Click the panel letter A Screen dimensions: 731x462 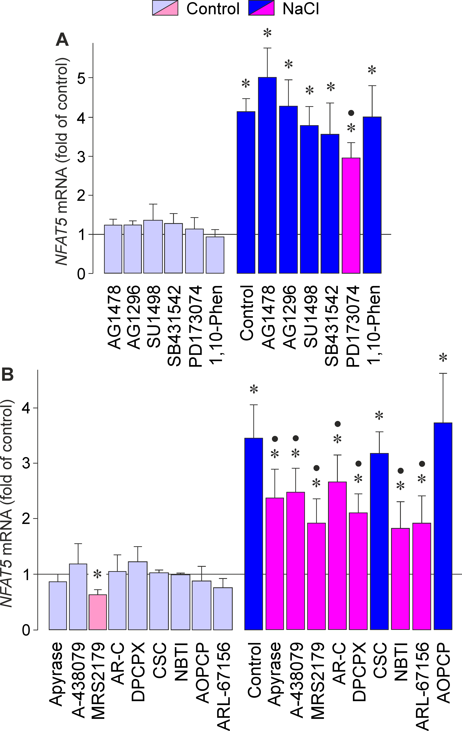point(62,40)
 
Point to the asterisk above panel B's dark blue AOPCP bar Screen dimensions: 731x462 point(443,358)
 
